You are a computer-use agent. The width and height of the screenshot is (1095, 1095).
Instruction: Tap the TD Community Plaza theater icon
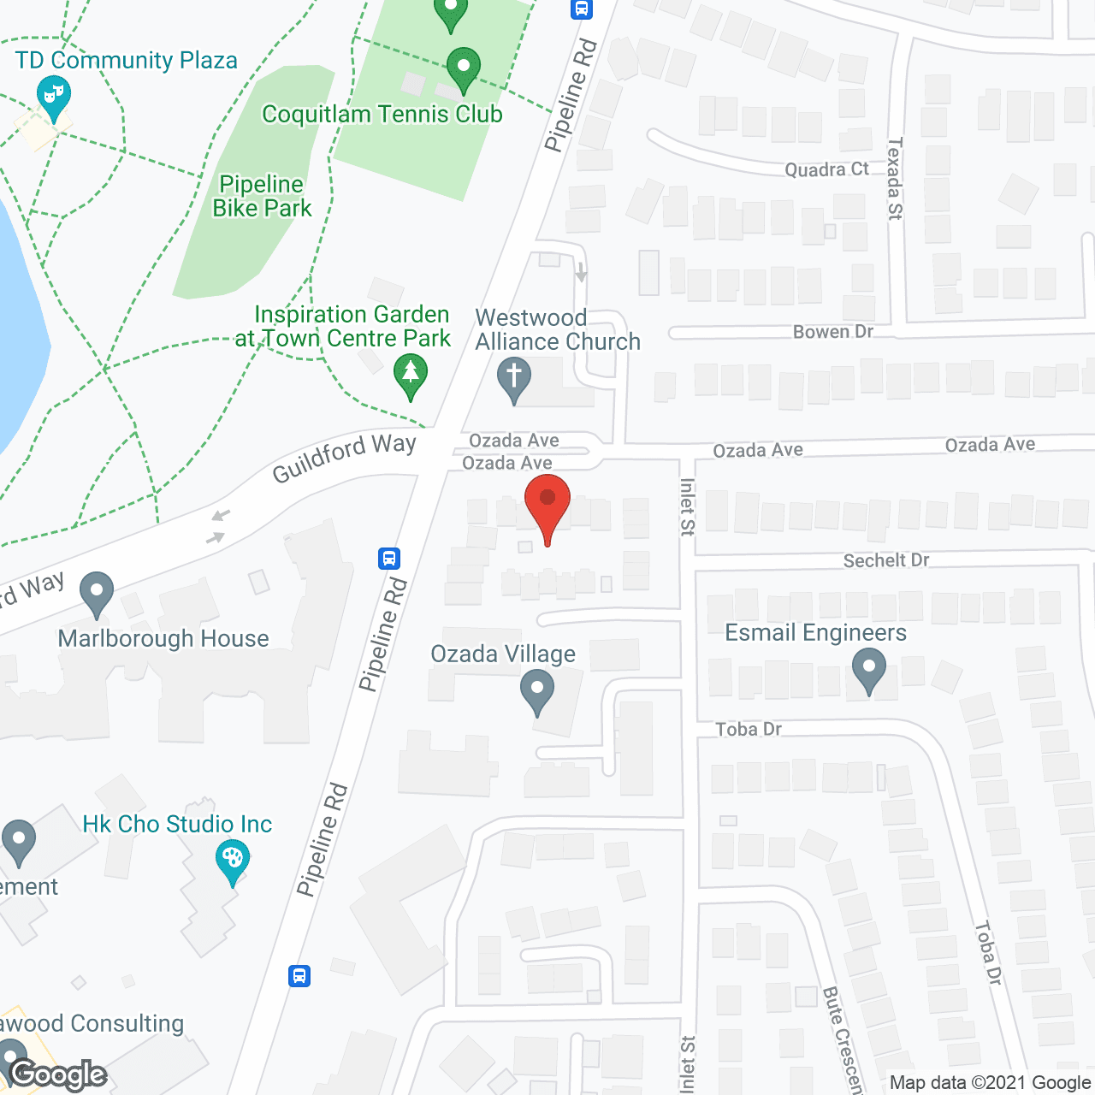[53, 95]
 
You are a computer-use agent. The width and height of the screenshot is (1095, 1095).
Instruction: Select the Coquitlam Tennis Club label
[382, 114]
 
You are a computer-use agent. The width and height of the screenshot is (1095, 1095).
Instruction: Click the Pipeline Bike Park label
[262, 196]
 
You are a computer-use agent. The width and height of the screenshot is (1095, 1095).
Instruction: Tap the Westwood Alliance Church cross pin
[514, 378]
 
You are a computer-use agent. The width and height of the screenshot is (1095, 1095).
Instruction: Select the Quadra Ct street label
[826, 169]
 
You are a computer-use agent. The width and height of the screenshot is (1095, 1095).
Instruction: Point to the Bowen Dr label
[832, 332]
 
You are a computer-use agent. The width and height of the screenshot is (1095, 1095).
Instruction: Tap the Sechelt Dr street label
[885, 560]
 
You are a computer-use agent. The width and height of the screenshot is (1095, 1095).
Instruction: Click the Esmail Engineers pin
[869, 669]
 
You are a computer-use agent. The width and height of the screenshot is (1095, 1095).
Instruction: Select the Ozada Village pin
[537, 690]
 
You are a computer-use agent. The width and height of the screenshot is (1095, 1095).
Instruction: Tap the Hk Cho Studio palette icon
[232, 860]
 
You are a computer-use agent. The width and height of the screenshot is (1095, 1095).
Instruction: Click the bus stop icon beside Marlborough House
[389, 559]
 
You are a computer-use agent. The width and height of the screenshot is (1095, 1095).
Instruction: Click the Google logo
[58, 1074]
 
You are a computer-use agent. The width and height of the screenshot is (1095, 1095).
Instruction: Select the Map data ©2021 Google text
[991, 1083]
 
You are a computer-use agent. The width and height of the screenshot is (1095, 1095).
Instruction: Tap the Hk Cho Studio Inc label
[177, 824]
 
